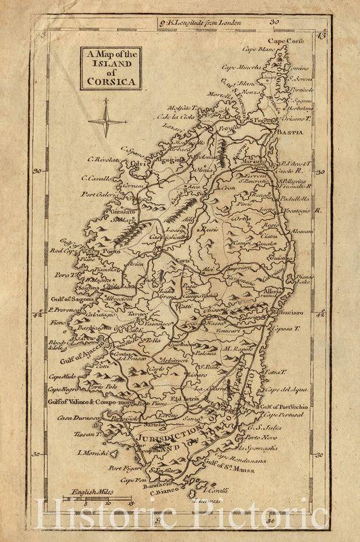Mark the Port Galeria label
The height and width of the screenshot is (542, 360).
click(x=100, y=194)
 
